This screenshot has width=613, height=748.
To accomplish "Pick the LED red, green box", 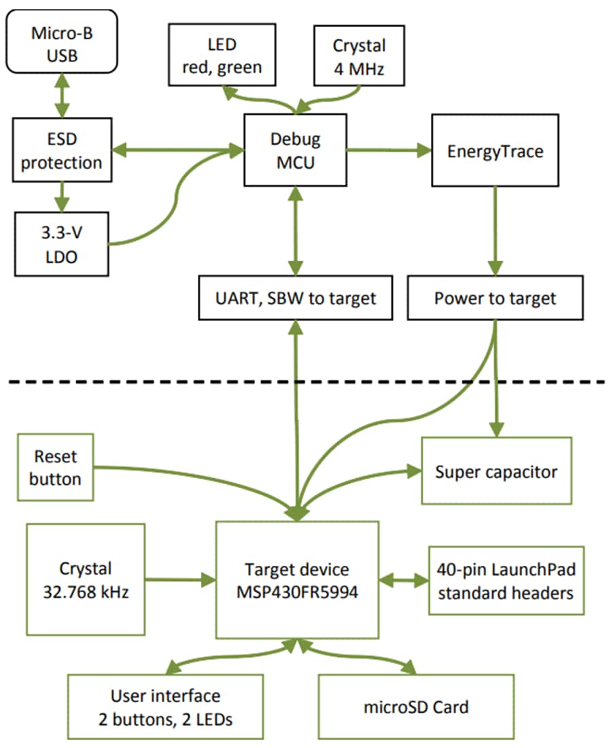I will point(222,56).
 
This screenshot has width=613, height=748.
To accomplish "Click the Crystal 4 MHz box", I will point(359,56).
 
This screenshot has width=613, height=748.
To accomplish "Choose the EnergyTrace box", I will point(495,150).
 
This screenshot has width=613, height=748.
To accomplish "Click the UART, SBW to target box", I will point(296,298).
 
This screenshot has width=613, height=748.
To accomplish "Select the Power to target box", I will point(495,298).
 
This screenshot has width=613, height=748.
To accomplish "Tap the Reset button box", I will point(56,468).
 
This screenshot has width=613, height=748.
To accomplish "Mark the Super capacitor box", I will point(496,471).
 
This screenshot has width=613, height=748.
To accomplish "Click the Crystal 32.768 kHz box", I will point(85,579).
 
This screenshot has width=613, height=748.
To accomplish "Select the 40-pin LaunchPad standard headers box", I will point(506,580).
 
